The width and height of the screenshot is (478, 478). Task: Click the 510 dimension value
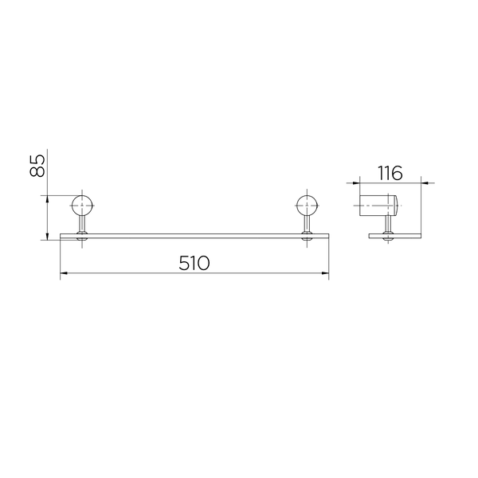point(194,263)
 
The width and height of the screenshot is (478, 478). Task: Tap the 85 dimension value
point(37,167)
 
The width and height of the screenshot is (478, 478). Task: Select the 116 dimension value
point(390,173)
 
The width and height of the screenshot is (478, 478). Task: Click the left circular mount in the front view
point(82,206)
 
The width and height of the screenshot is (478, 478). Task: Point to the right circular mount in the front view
point(307,206)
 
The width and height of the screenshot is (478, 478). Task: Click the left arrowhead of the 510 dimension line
point(64,273)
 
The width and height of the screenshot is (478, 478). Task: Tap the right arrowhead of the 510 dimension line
point(325,273)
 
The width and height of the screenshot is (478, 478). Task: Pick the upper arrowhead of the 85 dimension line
point(47,199)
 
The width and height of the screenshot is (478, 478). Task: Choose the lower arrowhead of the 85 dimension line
point(47,237)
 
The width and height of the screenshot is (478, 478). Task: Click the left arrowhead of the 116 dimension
point(356,183)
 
